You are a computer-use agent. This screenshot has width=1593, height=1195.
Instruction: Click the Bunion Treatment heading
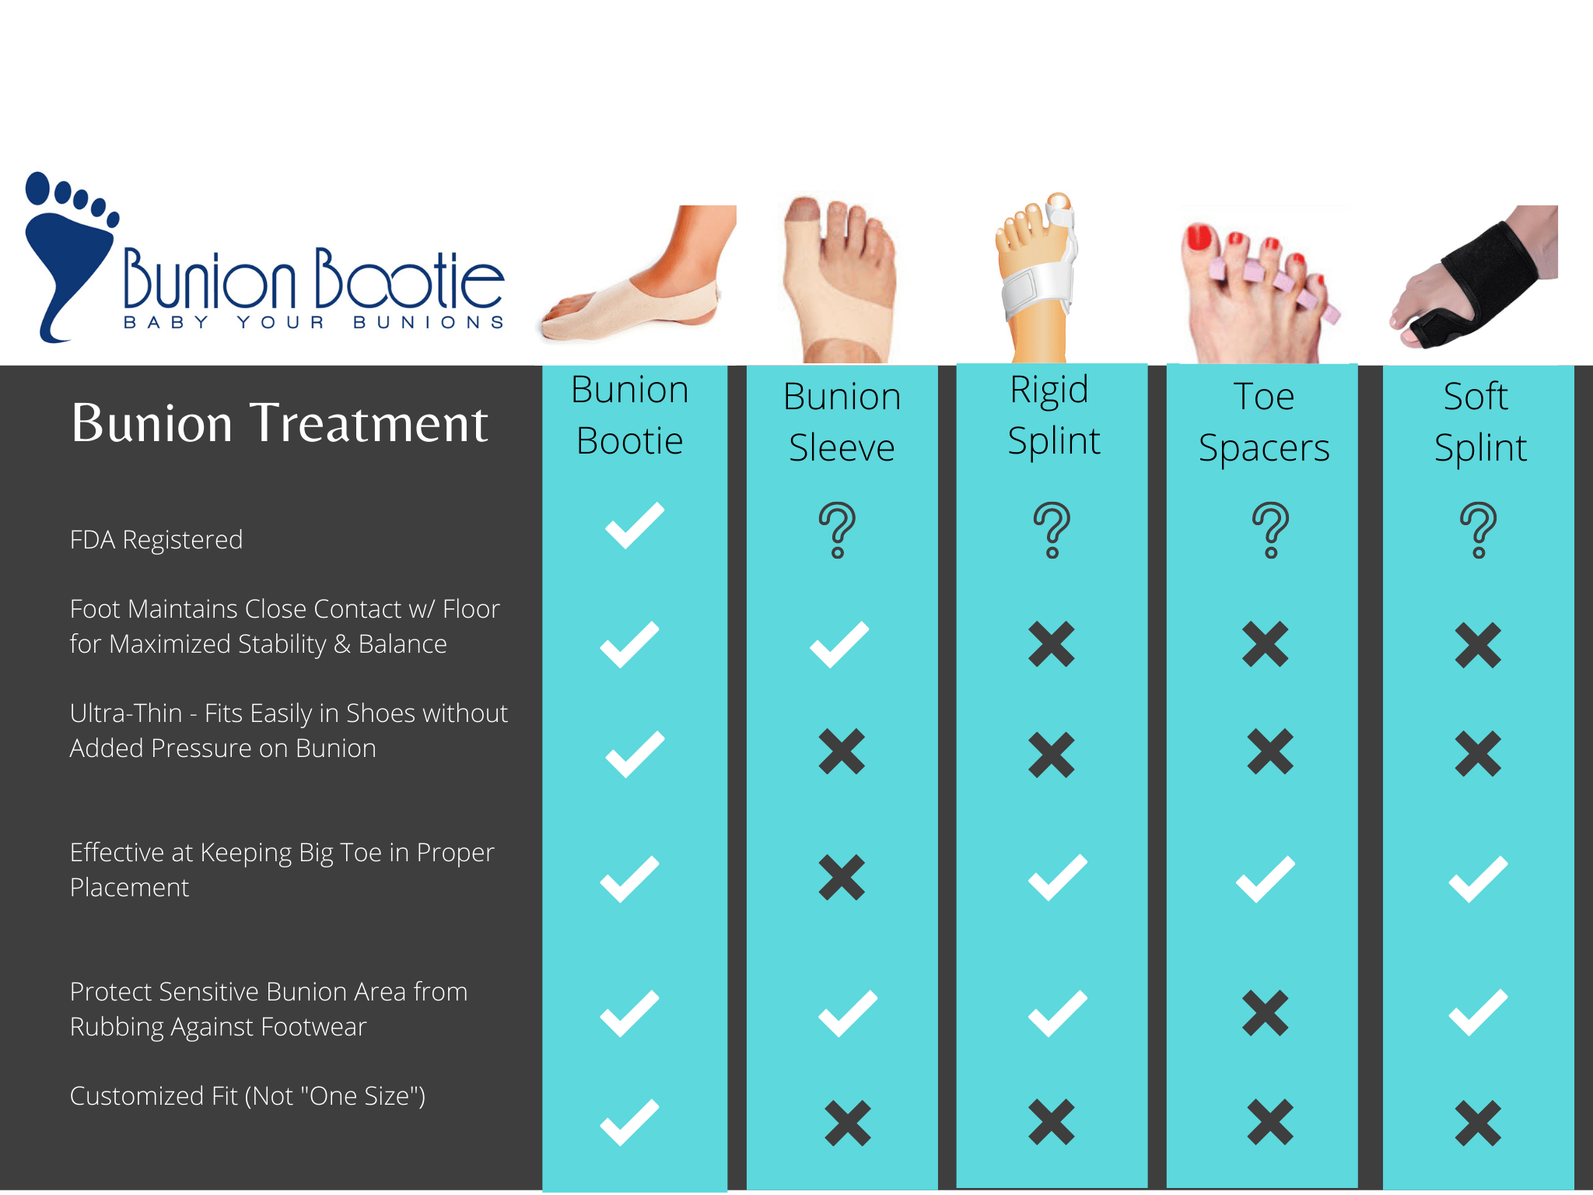[x=279, y=423]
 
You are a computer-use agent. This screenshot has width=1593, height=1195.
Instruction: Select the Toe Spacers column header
[x=1264, y=422]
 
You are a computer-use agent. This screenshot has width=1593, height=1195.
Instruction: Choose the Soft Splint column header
[x=1479, y=422]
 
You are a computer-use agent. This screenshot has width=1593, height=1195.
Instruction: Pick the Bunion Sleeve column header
[x=842, y=422]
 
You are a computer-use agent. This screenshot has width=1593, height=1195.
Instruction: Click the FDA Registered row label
[x=156, y=540]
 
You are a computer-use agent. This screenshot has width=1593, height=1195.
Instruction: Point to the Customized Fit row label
[x=247, y=1096]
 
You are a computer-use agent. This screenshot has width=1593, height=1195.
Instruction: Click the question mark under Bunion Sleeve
[x=838, y=530]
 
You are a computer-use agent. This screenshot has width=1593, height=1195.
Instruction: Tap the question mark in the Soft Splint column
[x=1479, y=530]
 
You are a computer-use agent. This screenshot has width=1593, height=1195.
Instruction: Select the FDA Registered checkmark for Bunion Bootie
[x=635, y=526]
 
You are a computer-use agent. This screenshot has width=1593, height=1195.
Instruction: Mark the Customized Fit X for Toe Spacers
[x=1269, y=1122]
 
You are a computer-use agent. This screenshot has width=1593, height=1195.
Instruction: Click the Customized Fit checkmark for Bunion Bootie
[x=629, y=1122]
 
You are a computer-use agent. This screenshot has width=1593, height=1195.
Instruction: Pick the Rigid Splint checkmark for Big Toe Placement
[x=1057, y=878]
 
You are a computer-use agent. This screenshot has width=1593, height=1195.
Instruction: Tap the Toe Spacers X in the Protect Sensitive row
[x=1266, y=1013]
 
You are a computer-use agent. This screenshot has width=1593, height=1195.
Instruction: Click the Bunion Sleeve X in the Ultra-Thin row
[x=842, y=752]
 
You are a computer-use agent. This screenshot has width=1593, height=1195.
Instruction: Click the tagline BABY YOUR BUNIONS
[x=313, y=323]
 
